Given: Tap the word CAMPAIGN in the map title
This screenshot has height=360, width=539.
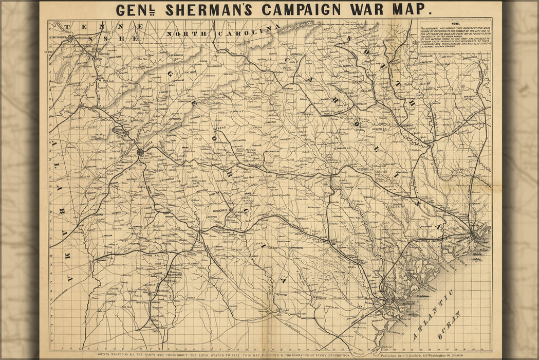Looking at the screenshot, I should click(302, 10).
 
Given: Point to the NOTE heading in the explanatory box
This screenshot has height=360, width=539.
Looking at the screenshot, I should click(454, 24).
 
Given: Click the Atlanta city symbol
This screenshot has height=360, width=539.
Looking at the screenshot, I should click(140, 152).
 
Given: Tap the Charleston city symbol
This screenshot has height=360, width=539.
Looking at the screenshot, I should click(481, 235).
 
